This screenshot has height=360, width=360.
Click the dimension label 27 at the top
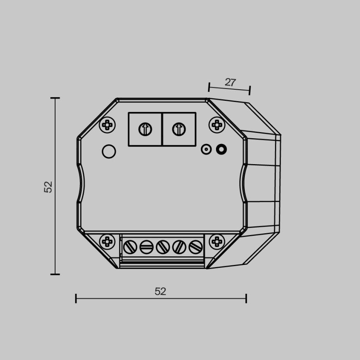point(230,82)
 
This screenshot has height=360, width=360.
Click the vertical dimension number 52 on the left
point(49,187)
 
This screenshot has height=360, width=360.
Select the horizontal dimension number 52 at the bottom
point(160,291)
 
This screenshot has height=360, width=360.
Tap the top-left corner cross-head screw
point(108,125)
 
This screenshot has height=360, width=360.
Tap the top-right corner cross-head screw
point(216,125)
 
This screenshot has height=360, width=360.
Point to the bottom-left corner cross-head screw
point(108,241)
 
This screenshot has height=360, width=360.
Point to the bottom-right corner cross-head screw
point(216,241)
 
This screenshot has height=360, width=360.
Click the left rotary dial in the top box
point(145,129)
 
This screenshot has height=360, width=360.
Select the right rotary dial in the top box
point(179,129)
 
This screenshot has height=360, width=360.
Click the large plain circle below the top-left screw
point(109,151)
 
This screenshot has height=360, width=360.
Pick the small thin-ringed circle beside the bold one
point(206,149)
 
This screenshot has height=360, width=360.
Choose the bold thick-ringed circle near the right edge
point(221,149)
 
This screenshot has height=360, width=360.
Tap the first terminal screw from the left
point(130,247)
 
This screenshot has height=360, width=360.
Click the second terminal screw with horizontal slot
point(146,247)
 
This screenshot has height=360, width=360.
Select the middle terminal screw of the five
point(163,247)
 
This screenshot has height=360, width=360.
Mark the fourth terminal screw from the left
point(179,247)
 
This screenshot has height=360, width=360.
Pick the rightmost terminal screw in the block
point(195,247)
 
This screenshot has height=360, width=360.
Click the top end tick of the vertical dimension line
point(55,98)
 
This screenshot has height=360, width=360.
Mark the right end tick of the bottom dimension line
point(246,298)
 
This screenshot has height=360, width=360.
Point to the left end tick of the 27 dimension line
point(209,86)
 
